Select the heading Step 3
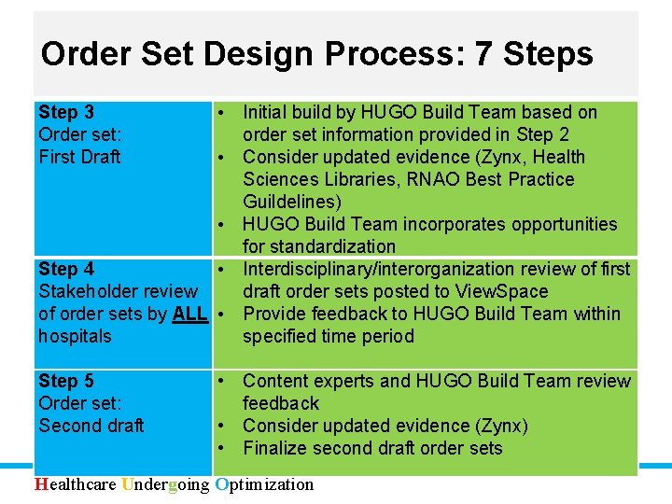pyautogui.click(x=66, y=112)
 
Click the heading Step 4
pyautogui.click(x=66, y=269)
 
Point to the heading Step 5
pyautogui.click(x=66, y=381)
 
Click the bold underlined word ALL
pyautogui.click(x=190, y=314)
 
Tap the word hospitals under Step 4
pyautogui.click(x=75, y=336)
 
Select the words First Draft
pyautogui.click(x=79, y=157)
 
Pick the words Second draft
pyautogui.click(x=91, y=426)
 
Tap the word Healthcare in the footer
pyautogui.click(x=76, y=484)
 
